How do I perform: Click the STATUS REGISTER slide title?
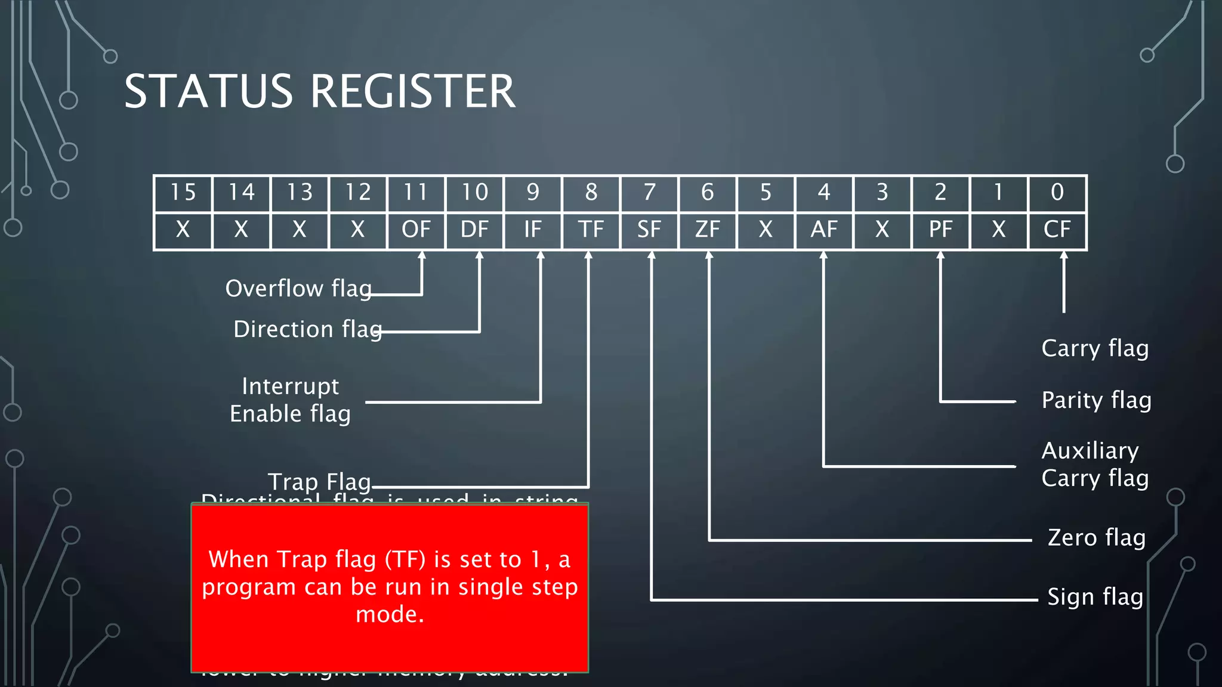tap(319, 92)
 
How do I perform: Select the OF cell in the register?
tap(416, 230)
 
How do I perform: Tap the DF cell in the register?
tap(474, 230)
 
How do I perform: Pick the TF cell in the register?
tap(591, 230)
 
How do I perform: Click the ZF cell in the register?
tap(708, 230)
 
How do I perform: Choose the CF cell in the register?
tap(1057, 230)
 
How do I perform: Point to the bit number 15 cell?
tap(183, 193)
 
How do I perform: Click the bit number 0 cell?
tap(1057, 193)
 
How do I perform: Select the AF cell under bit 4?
tap(824, 230)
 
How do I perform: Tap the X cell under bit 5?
tap(766, 230)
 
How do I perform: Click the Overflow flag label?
tap(298, 289)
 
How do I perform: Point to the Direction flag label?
tap(307, 329)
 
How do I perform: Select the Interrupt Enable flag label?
tap(291, 400)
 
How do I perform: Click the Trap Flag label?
tap(319, 481)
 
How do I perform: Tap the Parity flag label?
tap(1096, 400)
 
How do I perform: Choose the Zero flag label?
tap(1097, 538)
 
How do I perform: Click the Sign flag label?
tap(1096, 597)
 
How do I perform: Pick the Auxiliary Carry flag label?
tap(1094, 464)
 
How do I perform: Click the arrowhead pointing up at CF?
tap(1063, 256)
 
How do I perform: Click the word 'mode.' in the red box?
tap(390, 614)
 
